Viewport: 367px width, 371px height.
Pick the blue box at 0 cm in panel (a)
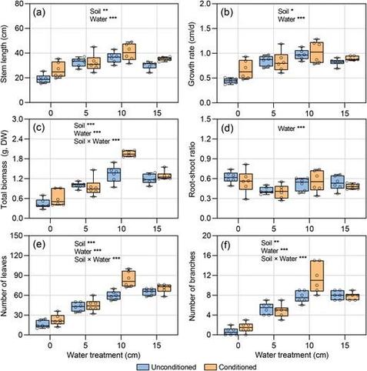tap(43, 79)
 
